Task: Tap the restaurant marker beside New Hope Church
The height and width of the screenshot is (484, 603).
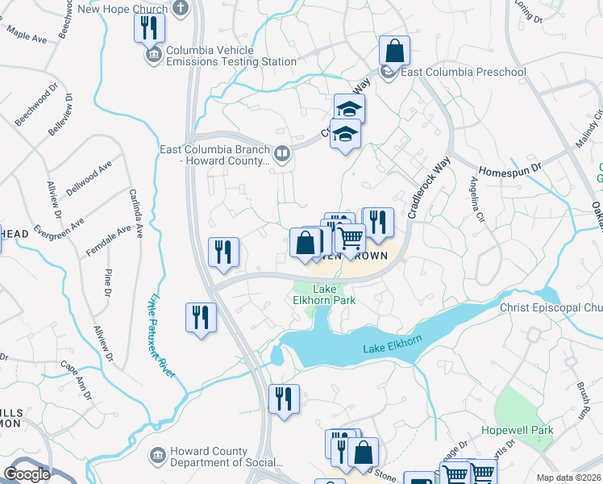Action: pyautogui.click(x=149, y=29)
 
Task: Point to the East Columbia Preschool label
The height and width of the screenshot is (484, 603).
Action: pyautogui.click(x=464, y=73)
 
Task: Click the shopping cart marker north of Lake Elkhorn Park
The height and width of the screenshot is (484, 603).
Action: pyautogui.click(x=350, y=239)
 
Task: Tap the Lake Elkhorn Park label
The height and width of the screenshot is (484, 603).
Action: pyautogui.click(x=323, y=295)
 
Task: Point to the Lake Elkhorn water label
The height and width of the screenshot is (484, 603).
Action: pyautogui.click(x=393, y=348)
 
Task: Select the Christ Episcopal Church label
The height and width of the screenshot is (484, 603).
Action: pyautogui.click(x=551, y=308)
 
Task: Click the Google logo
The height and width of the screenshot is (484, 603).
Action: pyautogui.click(x=27, y=474)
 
